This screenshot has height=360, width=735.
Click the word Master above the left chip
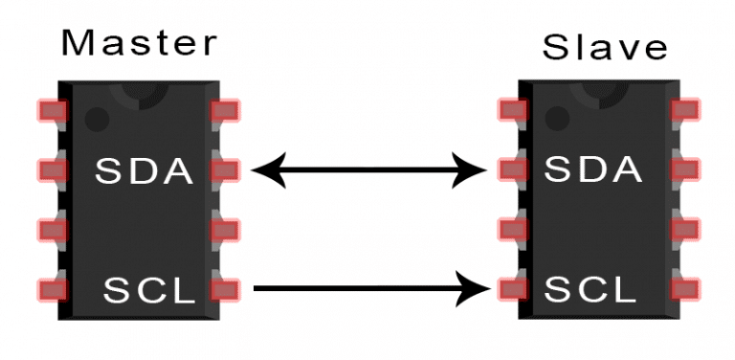click(x=140, y=44)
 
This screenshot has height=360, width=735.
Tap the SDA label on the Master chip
click(x=144, y=171)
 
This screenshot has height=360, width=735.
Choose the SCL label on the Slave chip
click(x=591, y=286)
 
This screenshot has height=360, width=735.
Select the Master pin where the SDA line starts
click(x=225, y=171)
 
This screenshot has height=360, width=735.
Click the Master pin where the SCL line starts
click(x=225, y=286)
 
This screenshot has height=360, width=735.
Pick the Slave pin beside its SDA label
click(x=513, y=171)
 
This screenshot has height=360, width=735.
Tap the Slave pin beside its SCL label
click(x=513, y=286)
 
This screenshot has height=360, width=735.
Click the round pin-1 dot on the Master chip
click(x=96, y=120)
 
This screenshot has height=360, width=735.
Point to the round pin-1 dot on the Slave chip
click(x=555, y=120)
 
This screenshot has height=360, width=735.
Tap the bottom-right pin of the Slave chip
click(x=685, y=286)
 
